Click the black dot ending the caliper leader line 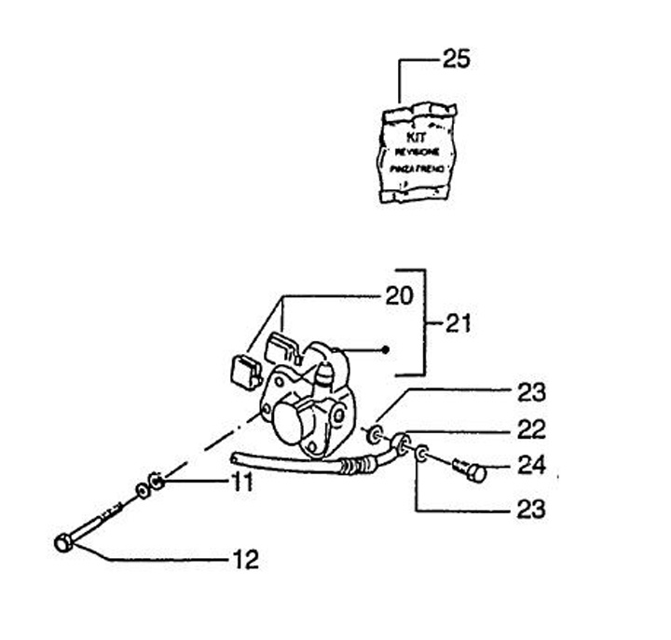point(386,350)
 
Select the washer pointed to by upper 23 point(375,432)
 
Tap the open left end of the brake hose point(234,456)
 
